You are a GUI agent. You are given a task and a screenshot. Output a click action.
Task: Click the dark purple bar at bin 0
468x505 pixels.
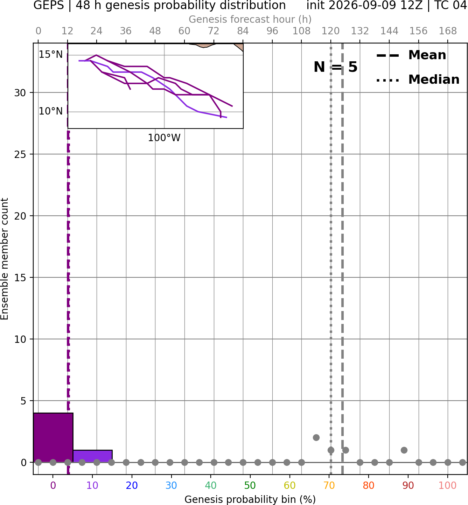tap(53, 437)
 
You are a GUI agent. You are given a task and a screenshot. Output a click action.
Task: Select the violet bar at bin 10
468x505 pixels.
tap(92, 456)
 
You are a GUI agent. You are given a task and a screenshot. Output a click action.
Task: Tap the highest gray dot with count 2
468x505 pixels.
tap(316, 437)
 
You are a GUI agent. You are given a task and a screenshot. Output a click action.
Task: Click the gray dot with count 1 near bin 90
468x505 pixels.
tap(404, 450)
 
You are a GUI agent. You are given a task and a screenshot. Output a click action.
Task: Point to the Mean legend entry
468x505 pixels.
tap(411, 55)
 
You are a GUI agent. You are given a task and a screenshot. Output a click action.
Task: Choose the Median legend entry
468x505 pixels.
tap(418, 79)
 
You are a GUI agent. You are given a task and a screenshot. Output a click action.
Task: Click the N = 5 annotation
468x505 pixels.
tap(336, 67)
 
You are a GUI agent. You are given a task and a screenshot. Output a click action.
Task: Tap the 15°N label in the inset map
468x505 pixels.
tap(51, 54)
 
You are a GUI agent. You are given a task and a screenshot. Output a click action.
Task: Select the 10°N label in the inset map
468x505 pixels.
tap(51, 111)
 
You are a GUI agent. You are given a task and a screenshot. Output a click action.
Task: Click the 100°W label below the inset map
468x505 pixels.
tap(164, 138)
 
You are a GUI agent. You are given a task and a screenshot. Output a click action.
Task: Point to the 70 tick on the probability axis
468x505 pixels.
tap(329, 485)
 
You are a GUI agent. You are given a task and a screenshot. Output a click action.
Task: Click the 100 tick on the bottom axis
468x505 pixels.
tap(447, 485)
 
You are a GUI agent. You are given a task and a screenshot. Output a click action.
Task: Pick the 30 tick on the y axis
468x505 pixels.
tap(20, 93)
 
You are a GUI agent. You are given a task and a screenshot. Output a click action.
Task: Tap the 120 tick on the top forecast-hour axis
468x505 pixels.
tap(330, 31)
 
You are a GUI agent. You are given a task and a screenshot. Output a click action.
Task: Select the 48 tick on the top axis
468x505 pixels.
tap(155, 31)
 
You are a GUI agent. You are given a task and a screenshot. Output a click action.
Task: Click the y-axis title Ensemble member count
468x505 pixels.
tap(5, 259)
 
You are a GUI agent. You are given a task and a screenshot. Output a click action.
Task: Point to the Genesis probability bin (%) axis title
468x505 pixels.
tap(250, 499)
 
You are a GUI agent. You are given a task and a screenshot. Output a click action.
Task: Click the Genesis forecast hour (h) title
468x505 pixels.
tap(250, 19)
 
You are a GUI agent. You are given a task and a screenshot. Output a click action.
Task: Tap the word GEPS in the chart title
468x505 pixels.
tap(49, 5)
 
